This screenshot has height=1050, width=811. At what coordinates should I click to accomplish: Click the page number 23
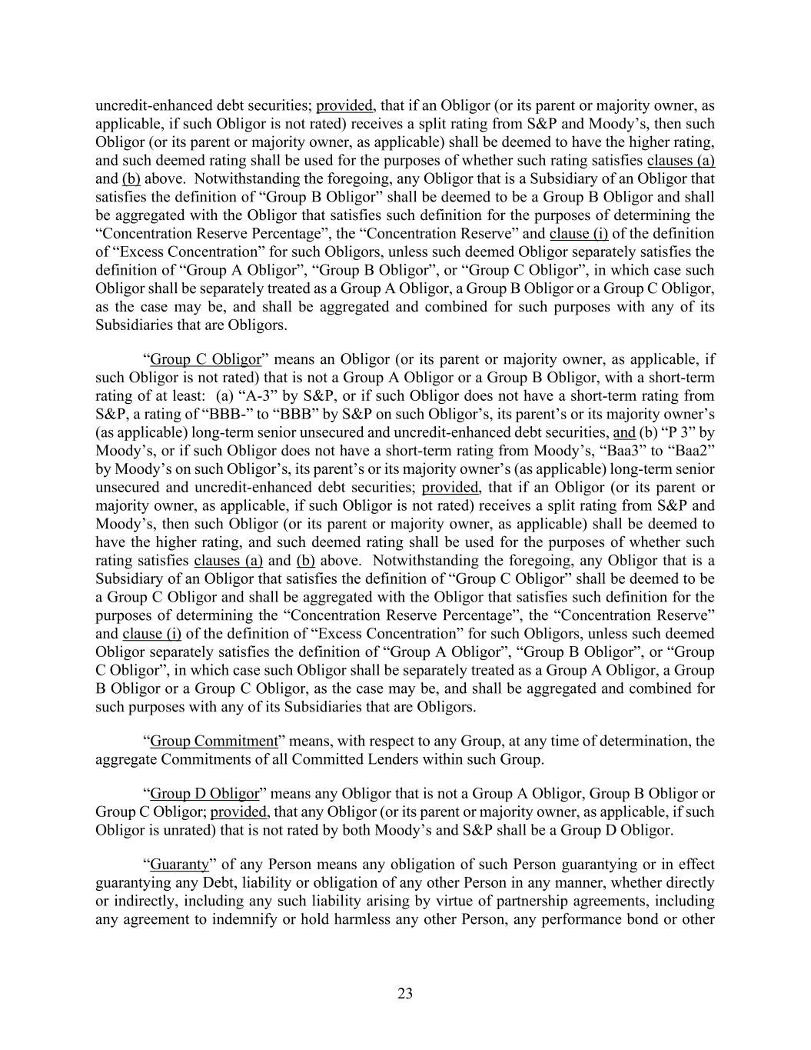click(x=405, y=994)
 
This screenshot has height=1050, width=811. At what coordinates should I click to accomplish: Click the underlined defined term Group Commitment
click(x=213, y=742)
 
